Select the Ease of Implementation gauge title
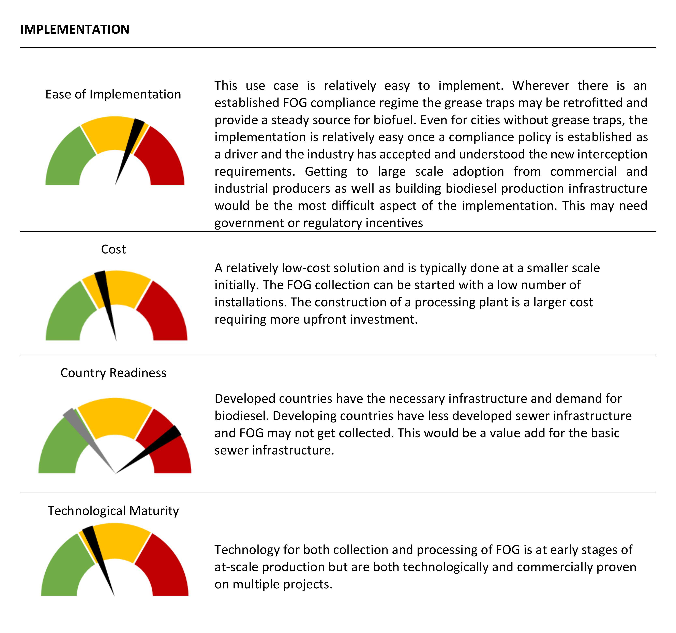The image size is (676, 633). point(113,94)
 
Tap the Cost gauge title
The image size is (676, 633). point(113,249)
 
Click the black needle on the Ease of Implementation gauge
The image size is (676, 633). point(131,143)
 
